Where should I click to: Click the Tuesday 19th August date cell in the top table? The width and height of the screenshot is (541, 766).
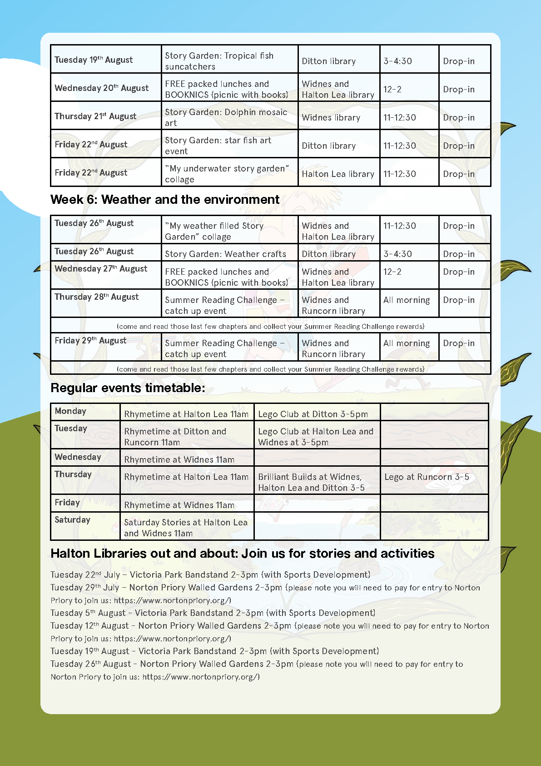click(94, 60)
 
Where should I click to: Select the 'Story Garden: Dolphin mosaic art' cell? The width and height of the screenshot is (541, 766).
click(226, 117)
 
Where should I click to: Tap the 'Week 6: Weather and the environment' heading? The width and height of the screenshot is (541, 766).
click(165, 200)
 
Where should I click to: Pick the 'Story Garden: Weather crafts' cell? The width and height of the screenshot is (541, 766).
click(225, 254)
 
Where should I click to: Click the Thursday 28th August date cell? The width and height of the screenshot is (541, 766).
click(97, 297)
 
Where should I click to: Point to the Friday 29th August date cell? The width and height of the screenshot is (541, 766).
click(90, 341)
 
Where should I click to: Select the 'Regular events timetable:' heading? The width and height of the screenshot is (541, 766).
click(128, 388)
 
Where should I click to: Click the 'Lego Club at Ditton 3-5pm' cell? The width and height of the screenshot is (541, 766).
click(313, 414)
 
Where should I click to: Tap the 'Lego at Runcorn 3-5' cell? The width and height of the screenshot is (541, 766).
click(427, 477)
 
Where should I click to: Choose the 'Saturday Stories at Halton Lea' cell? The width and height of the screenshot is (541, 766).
click(186, 528)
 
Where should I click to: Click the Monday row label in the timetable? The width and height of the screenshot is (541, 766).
click(70, 411)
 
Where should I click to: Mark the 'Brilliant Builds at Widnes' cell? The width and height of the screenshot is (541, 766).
click(311, 482)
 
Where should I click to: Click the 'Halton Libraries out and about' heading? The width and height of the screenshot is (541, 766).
click(243, 554)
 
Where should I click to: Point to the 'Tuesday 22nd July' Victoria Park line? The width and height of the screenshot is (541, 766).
click(210, 575)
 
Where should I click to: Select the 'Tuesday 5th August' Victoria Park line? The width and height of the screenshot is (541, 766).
click(213, 613)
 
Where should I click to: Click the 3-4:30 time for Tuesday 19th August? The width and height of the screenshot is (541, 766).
click(397, 61)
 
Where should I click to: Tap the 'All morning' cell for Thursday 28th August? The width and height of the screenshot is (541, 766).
click(407, 300)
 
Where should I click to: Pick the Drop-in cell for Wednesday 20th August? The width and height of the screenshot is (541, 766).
click(459, 89)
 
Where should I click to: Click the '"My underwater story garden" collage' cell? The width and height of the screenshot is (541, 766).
click(227, 174)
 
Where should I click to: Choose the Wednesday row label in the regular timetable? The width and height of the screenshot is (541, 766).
click(78, 457)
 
